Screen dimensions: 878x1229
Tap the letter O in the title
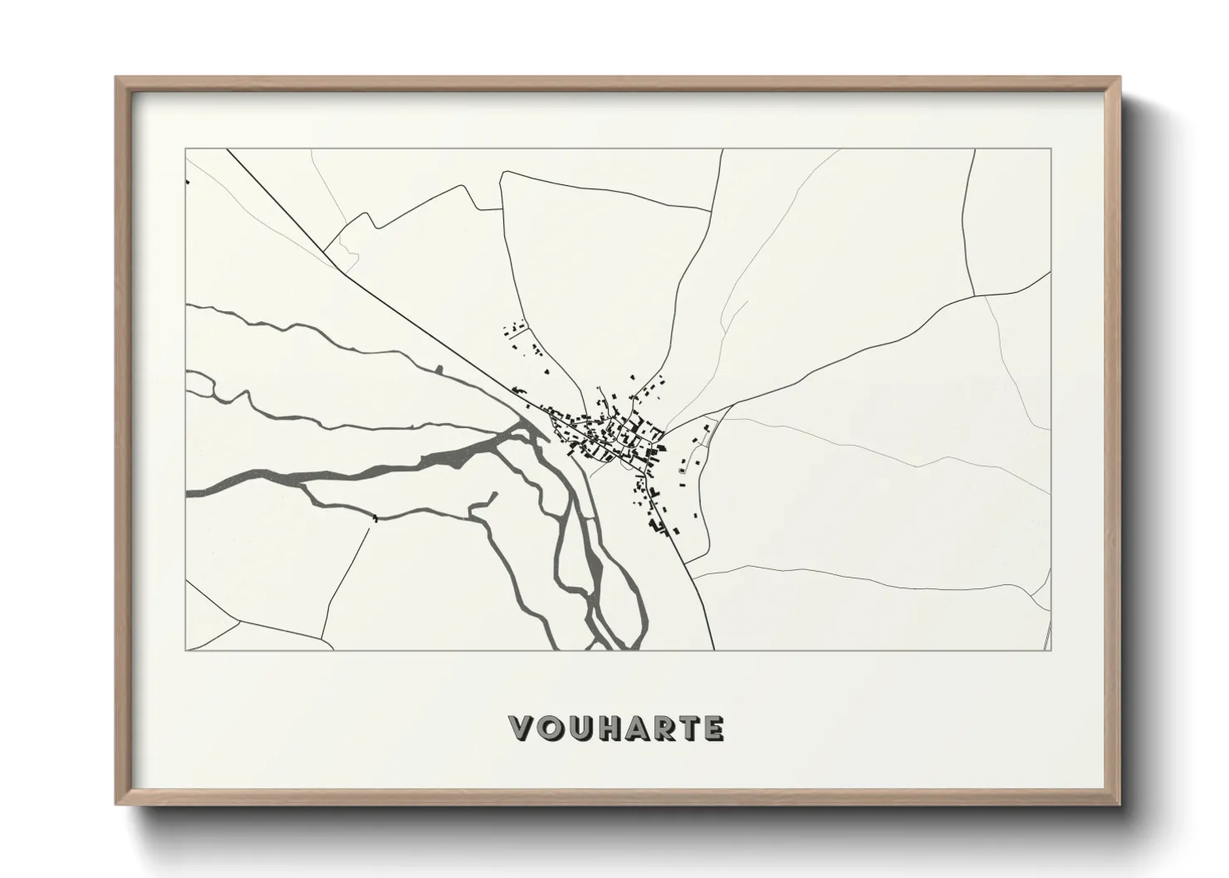(x=550, y=729)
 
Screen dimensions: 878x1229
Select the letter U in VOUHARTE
(x=578, y=729)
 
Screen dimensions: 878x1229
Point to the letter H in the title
(x=606, y=729)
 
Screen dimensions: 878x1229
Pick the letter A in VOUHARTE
(x=634, y=729)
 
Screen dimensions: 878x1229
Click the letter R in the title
(x=662, y=729)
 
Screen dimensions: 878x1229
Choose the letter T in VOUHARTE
(x=688, y=729)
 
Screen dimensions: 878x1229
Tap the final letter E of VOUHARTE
(x=712, y=729)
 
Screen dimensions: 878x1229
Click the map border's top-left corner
(x=186, y=149)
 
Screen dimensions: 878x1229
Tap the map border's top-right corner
(x=1051, y=149)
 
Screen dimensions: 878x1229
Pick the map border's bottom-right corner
(x=1051, y=650)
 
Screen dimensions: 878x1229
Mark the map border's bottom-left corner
(x=186, y=650)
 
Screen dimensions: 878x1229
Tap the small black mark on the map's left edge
(x=189, y=181)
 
